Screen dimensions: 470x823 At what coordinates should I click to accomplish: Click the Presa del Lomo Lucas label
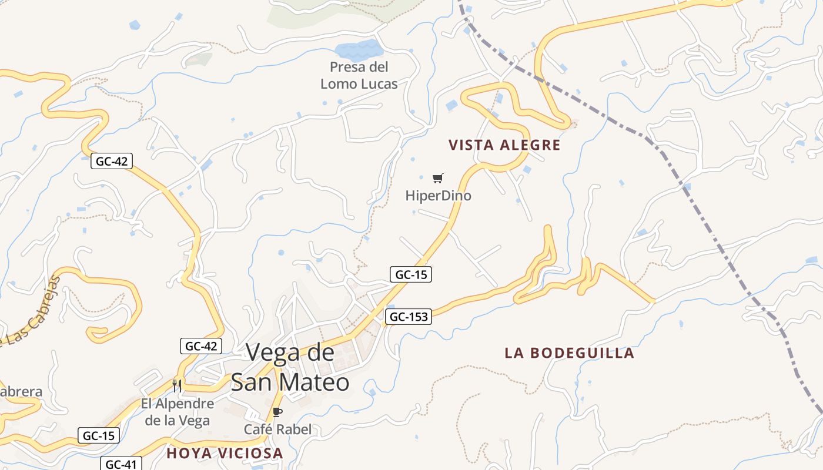(x=359, y=75)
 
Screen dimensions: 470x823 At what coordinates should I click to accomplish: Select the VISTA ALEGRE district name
(x=504, y=145)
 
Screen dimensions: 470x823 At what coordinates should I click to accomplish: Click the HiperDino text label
(x=438, y=196)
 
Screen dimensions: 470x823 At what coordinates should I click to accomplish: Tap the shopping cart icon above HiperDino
(x=437, y=178)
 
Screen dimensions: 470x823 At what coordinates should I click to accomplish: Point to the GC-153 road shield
(x=409, y=317)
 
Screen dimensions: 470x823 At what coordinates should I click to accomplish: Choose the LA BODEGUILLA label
(x=569, y=353)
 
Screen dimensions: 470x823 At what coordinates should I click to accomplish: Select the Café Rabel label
(x=277, y=429)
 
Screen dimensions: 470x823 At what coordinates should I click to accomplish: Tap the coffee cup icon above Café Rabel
(x=277, y=412)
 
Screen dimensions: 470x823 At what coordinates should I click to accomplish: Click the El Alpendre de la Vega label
(x=178, y=412)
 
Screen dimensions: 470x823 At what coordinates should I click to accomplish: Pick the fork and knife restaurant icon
(x=176, y=385)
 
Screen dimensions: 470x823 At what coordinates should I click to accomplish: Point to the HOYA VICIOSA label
(x=225, y=453)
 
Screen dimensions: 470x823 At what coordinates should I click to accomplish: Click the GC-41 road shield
(x=121, y=464)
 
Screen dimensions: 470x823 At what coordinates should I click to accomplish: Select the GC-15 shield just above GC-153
(x=411, y=274)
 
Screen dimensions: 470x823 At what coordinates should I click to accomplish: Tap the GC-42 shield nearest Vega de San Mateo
(x=201, y=346)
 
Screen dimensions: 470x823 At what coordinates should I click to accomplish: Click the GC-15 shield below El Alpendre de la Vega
(x=99, y=435)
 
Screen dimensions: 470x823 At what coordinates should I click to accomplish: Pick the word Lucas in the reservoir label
(x=377, y=84)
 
